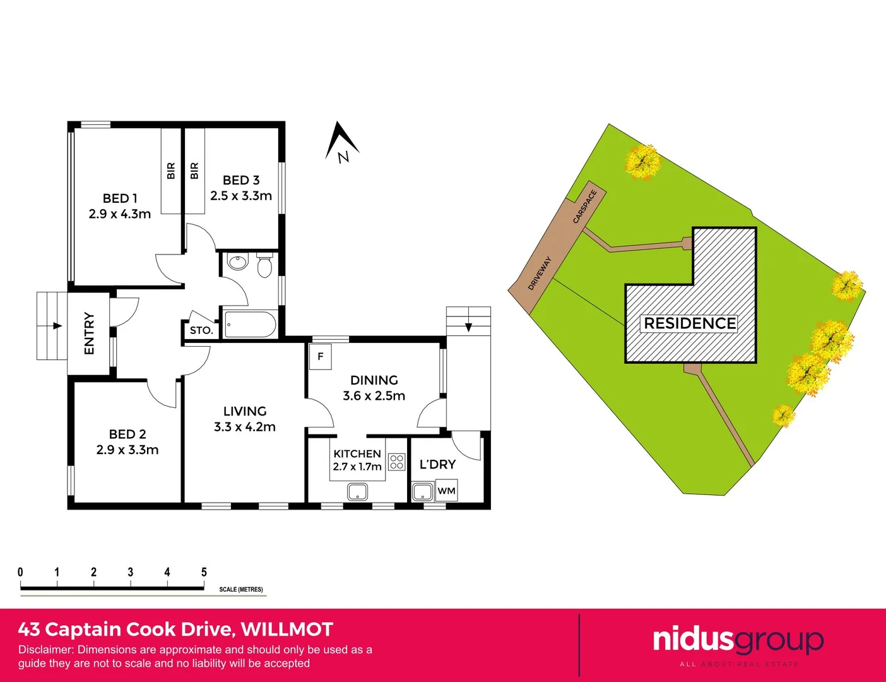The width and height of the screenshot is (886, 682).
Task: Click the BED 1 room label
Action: coord(120,198)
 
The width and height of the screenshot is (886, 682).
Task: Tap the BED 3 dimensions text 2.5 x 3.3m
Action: coord(241,196)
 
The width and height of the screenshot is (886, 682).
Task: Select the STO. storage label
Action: coord(201,330)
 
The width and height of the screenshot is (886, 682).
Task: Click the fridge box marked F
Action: coord(321,357)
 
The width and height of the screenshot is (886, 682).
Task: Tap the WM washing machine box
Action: coord(446,491)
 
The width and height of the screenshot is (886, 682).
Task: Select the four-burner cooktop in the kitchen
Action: coord(396,462)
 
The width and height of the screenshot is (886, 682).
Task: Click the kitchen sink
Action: coord(358,491)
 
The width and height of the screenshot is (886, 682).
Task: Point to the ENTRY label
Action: coord(89,333)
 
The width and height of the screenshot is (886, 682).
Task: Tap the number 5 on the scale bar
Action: coord(204,572)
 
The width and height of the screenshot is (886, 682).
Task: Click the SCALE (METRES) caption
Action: coord(241,589)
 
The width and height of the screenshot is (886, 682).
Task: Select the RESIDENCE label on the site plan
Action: coord(690,323)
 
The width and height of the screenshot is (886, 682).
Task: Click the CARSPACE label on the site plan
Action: coord(584,206)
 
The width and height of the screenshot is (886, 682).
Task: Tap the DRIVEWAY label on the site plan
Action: coord(540,273)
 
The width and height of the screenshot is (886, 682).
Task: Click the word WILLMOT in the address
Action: coord(287,630)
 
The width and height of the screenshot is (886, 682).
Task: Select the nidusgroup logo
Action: coord(738,641)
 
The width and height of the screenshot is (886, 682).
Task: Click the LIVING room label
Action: coord(245,411)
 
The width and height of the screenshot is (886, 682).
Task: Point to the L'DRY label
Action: coord(437,465)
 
